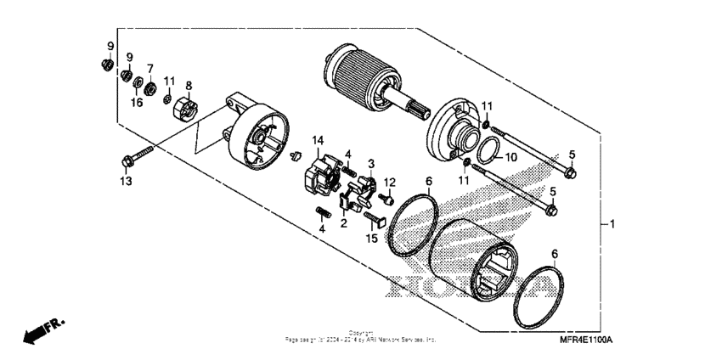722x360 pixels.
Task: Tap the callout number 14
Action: (318, 139)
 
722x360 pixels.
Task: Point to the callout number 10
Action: (510, 158)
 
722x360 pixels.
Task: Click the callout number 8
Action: (189, 86)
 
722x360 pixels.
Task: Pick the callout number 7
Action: (150, 68)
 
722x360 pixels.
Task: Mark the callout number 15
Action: (370, 239)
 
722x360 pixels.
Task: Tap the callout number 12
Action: (390, 182)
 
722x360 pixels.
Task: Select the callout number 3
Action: (370, 162)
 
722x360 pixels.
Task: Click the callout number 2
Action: (344, 223)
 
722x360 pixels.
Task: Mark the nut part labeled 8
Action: (187, 110)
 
